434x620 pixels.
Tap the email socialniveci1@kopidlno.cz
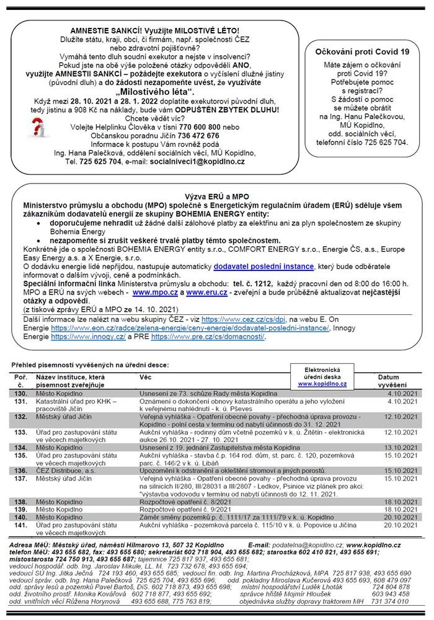point(197,161)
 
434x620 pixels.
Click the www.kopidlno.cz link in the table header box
point(322,384)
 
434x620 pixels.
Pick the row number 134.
point(22,446)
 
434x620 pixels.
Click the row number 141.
point(22,525)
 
